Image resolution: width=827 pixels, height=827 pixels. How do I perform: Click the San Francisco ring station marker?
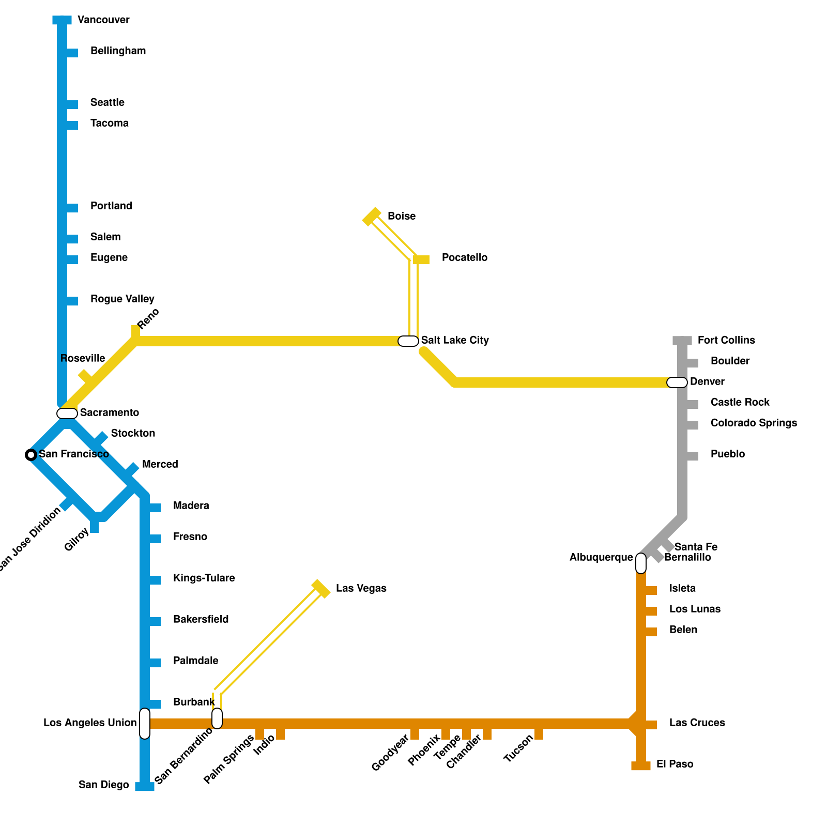tap(31, 455)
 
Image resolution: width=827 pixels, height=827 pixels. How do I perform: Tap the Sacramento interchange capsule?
tap(67, 413)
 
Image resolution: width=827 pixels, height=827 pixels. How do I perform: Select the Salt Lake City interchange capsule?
tap(408, 341)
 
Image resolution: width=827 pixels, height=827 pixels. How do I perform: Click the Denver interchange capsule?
tap(677, 382)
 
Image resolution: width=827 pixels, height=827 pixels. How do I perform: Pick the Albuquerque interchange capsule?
tap(641, 563)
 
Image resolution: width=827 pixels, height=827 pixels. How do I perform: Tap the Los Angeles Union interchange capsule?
tap(145, 724)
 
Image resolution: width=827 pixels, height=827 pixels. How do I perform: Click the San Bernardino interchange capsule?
tap(217, 718)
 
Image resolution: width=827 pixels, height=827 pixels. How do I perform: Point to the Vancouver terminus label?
tap(103, 20)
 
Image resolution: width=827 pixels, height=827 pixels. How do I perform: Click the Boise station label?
tap(402, 216)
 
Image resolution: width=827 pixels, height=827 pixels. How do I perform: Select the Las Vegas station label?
tap(361, 588)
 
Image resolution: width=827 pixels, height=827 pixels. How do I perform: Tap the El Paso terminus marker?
tap(641, 766)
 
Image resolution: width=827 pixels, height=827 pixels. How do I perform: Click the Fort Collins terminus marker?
tap(682, 341)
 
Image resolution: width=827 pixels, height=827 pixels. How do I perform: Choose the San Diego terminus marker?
tap(145, 787)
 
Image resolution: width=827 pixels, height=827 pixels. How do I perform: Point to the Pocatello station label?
tap(465, 257)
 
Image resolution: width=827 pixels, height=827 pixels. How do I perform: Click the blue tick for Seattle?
tap(72, 104)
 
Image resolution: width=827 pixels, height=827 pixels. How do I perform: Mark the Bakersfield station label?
tap(201, 619)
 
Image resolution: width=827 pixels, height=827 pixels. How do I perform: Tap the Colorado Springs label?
tap(754, 423)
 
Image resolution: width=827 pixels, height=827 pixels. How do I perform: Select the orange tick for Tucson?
tap(539, 734)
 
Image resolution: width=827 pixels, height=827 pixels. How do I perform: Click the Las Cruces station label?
tap(697, 723)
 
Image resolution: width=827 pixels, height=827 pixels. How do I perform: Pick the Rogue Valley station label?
tap(122, 299)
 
